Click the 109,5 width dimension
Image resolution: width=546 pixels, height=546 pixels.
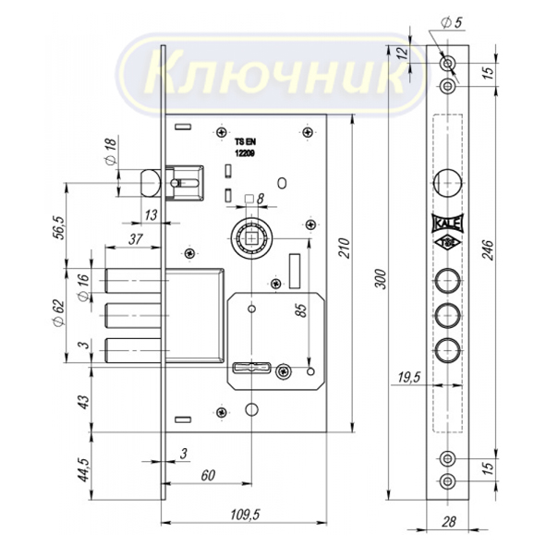(x=245, y=515)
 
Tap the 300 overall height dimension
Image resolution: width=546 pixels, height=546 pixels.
(x=382, y=279)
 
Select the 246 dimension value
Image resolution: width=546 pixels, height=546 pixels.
(x=488, y=249)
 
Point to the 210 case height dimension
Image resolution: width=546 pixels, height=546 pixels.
(x=345, y=248)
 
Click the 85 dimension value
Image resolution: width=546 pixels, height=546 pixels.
(x=302, y=310)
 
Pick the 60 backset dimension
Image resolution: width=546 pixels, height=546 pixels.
(x=208, y=475)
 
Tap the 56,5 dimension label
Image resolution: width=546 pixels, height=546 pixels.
(x=58, y=228)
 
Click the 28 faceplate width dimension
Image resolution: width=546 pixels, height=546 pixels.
(x=449, y=522)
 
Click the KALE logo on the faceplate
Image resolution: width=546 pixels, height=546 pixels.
(x=447, y=223)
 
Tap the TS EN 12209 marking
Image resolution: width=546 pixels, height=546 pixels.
(x=245, y=148)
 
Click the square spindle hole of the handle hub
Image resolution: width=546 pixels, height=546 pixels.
(x=250, y=238)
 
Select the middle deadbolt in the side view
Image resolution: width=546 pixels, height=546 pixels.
(x=132, y=316)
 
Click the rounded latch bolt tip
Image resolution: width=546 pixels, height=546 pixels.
(x=150, y=183)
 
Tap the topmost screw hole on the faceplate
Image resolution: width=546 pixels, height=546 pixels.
(x=447, y=64)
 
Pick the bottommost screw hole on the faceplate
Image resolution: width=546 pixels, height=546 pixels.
(x=447, y=481)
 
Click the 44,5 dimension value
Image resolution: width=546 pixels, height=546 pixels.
(x=83, y=469)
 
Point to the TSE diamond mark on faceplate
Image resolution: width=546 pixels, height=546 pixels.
(x=447, y=243)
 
